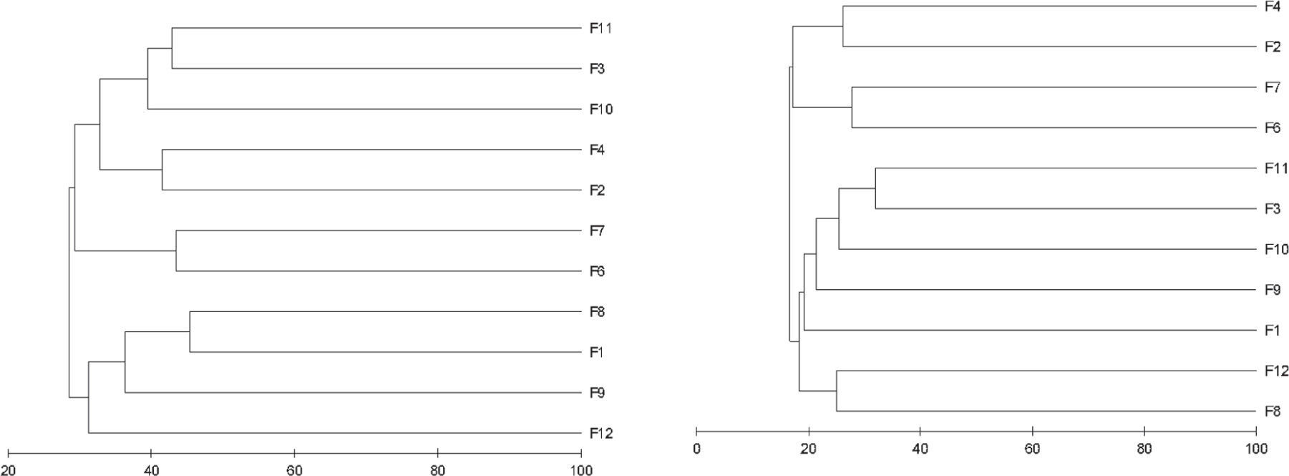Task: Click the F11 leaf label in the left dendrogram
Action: click(600, 29)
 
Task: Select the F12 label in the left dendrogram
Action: click(600, 433)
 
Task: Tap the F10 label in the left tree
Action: click(600, 110)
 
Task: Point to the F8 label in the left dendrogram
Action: click(597, 312)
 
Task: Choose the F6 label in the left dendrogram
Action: click(597, 271)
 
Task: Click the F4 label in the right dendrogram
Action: click(1272, 7)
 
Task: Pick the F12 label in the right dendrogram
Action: click(1276, 371)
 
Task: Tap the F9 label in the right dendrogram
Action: click(1272, 290)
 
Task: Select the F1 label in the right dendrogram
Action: click(1272, 331)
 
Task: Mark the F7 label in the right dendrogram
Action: click(1272, 87)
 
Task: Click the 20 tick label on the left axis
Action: click(8, 470)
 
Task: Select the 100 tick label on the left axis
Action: click(581, 470)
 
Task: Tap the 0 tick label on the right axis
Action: click(696, 449)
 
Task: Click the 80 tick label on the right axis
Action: click(1144, 449)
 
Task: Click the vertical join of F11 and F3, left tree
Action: click(172, 49)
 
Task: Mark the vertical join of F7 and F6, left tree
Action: click(176, 251)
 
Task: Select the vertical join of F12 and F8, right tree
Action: click(837, 391)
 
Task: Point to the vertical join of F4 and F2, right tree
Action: click(843, 26)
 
